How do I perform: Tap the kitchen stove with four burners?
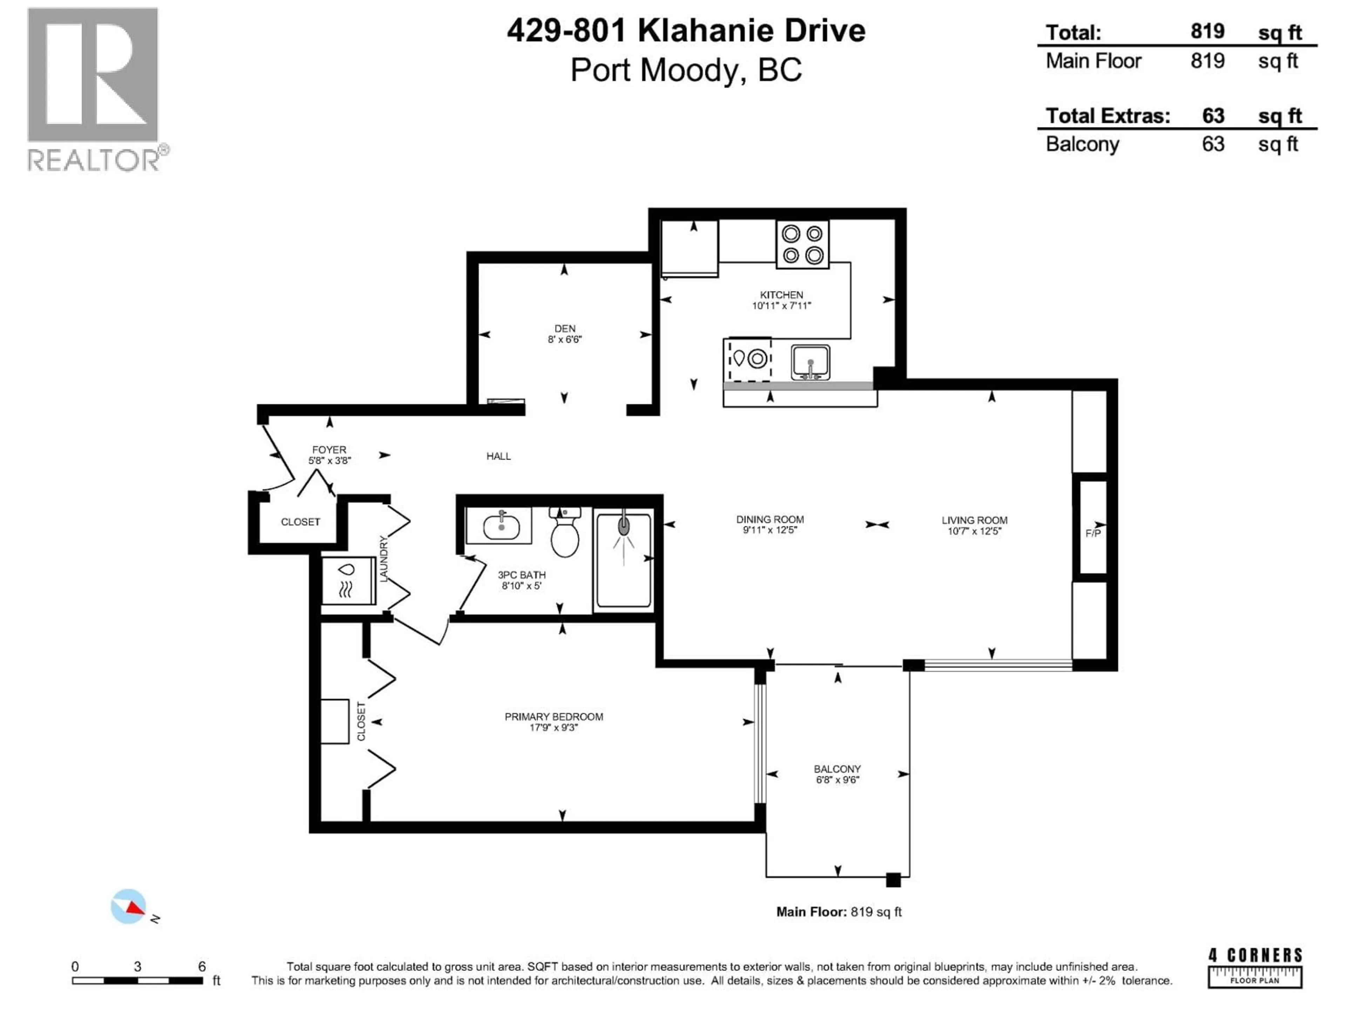point(802,244)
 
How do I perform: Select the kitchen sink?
point(810,362)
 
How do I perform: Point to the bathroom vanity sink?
point(501,526)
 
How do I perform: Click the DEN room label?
point(565,329)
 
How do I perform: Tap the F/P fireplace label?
point(1093,533)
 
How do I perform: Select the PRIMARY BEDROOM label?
point(554,716)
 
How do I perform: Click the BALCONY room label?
point(837,769)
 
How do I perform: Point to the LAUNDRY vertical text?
point(384,559)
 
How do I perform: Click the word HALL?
point(498,456)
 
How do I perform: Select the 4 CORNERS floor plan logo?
point(1255,967)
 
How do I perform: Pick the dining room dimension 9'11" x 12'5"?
point(770,530)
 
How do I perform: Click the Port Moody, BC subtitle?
point(686,70)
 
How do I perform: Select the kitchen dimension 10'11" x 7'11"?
point(781,305)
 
